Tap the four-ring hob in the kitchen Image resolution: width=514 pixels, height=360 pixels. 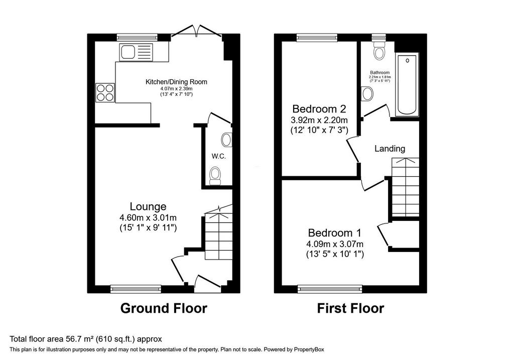click(x=105, y=92)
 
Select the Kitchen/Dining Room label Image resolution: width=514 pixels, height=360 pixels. click(x=176, y=82)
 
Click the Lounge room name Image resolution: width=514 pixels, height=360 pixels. click(x=148, y=206)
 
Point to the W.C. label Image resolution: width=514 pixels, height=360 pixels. click(x=219, y=156)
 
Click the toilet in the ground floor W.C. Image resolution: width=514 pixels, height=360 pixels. click(x=215, y=176)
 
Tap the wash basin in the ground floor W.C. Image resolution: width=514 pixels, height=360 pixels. click(x=227, y=140)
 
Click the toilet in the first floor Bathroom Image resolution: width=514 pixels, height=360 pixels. click(x=379, y=50)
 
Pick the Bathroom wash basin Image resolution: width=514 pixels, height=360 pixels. click(x=367, y=94)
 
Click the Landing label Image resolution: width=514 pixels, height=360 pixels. click(x=390, y=149)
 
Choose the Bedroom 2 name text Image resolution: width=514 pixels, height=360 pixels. click(x=319, y=108)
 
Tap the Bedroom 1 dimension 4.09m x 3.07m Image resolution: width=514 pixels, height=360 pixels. click(x=335, y=244)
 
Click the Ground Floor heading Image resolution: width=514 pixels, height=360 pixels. click(x=164, y=308)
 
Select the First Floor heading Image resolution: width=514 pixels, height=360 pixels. click(x=350, y=308)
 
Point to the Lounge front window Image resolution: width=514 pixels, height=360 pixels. click(x=136, y=289)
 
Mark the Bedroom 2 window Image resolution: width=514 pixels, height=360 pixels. click(x=317, y=38)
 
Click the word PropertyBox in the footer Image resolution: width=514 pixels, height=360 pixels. click(x=309, y=349)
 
